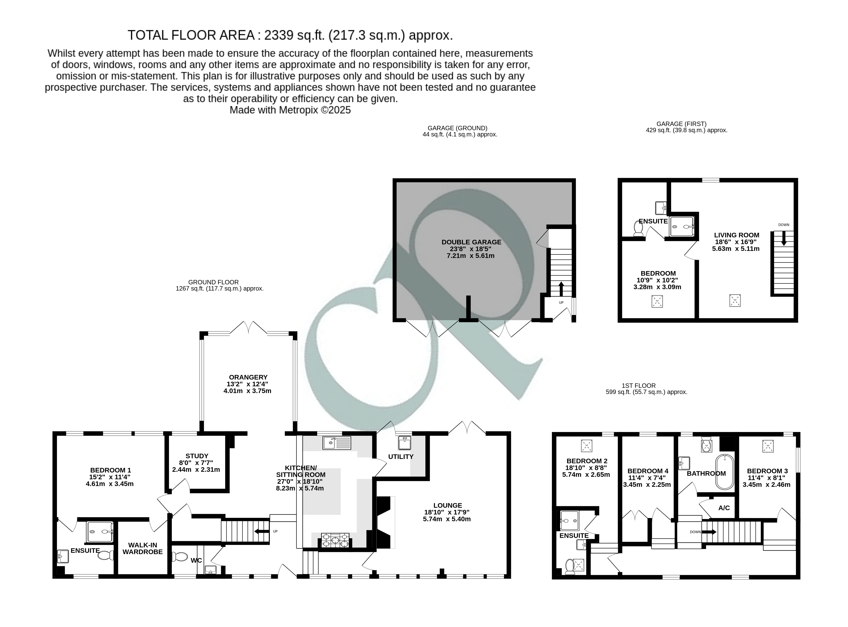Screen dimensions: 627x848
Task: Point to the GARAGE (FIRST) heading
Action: tap(681, 124)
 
